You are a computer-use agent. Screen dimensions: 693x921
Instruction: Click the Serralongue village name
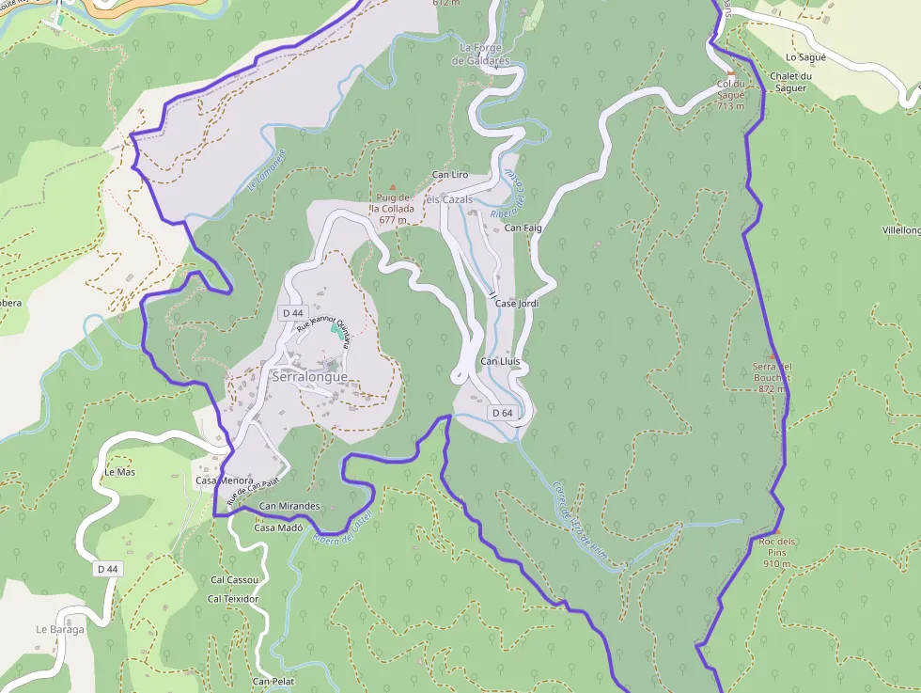(x=309, y=377)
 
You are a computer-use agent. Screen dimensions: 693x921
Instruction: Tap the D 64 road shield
(x=502, y=413)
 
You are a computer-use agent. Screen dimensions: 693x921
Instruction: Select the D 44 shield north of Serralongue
(x=292, y=312)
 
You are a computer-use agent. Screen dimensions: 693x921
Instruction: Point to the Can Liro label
(x=449, y=175)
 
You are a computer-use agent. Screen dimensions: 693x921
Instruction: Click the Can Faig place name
(x=523, y=228)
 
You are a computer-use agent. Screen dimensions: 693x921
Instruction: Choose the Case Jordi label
(x=517, y=304)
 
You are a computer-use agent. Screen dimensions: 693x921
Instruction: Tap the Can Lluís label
(x=500, y=362)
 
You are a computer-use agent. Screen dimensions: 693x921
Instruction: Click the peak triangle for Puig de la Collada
(x=393, y=186)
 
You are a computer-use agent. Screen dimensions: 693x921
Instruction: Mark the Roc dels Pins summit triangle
(x=777, y=530)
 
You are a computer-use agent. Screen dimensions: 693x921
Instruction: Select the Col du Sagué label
(x=730, y=95)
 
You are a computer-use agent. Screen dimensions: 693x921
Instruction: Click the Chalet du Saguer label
(x=789, y=82)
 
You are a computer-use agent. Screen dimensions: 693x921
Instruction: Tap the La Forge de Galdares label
(x=480, y=55)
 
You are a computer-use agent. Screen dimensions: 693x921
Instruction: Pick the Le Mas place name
(x=120, y=472)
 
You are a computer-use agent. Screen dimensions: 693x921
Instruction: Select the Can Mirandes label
(x=289, y=506)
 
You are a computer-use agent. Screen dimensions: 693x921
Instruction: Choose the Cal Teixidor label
(x=233, y=599)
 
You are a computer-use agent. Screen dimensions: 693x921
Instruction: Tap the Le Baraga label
(x=60, y=629)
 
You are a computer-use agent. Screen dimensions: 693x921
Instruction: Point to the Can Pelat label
(x=273, y=681)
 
